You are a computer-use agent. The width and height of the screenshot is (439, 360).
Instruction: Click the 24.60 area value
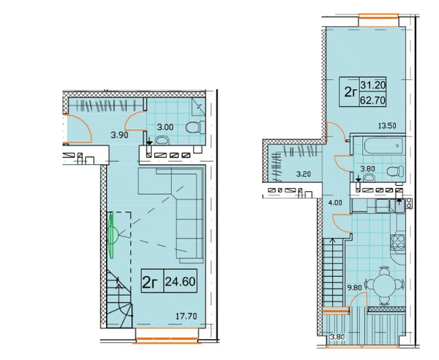[x=180, y=282]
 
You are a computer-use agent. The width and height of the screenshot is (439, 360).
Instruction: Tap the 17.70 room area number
[x=186, y=316]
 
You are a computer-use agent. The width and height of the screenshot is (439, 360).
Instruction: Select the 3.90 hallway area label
[x=120, y=135]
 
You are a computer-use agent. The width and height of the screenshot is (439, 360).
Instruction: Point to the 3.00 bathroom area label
[x=165, y=128]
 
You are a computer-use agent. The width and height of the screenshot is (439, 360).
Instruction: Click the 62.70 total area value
[x=373, y=100]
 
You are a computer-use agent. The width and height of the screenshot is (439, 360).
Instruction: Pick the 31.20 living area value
[x=373, y=85]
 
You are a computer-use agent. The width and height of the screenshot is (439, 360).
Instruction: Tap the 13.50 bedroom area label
[x=387, y=126]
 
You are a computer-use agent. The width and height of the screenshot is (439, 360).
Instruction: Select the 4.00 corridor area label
[x=335, y=203]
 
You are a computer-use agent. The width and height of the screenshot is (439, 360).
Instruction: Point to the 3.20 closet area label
[x=303, y=174]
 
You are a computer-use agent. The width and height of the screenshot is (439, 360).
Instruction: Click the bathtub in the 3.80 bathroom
[x=383, y=146]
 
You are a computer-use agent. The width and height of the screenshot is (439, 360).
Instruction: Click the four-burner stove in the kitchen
[x=398, y=242]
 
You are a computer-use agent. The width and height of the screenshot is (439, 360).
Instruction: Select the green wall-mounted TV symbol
[x=113, y=235]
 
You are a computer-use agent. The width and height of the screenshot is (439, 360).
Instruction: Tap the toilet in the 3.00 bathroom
[x=195, y=128]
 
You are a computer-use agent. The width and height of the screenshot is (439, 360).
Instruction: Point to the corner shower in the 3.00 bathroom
[x=199, y=107]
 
